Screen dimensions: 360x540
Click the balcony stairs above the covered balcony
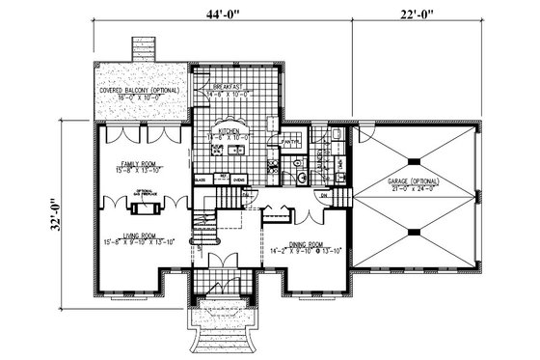144,49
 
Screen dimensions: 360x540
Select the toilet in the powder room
303,178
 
